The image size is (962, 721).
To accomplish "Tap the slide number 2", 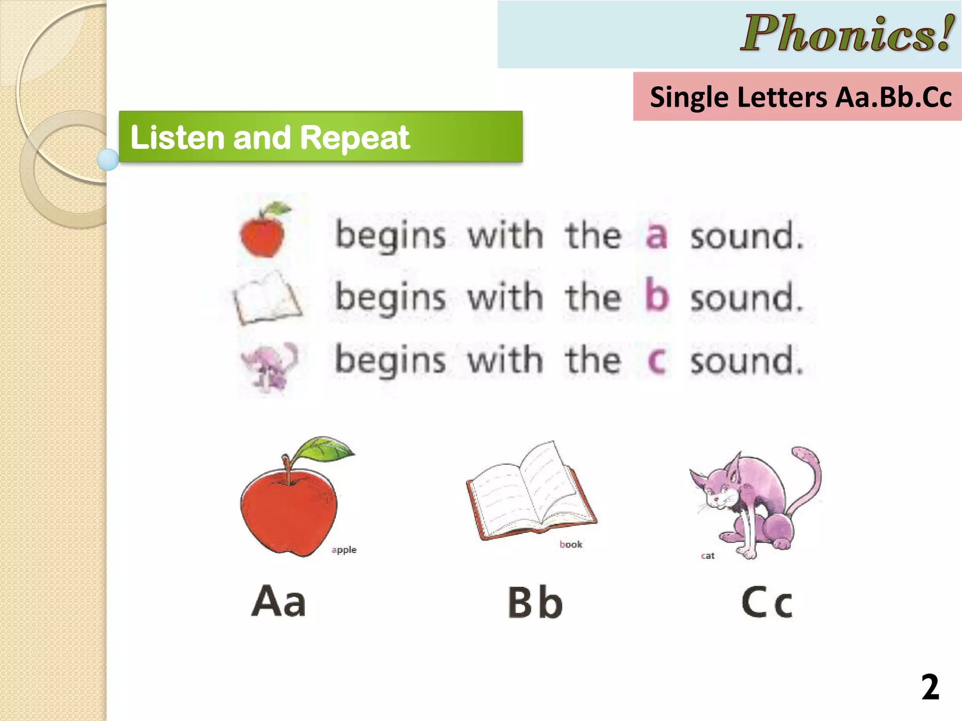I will [930, 687].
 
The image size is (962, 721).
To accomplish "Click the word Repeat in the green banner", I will [355, 138].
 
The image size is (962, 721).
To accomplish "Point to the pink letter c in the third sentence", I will [656, 361].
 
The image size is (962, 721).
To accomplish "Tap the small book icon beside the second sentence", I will [267, 299].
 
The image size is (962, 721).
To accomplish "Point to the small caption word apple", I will [344, 550].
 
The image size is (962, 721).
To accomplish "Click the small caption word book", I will [571, 545].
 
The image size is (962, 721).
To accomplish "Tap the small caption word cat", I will [707, 556].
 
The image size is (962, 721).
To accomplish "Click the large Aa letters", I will [279, 601].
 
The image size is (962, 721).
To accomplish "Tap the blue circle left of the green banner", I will [108, 160].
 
